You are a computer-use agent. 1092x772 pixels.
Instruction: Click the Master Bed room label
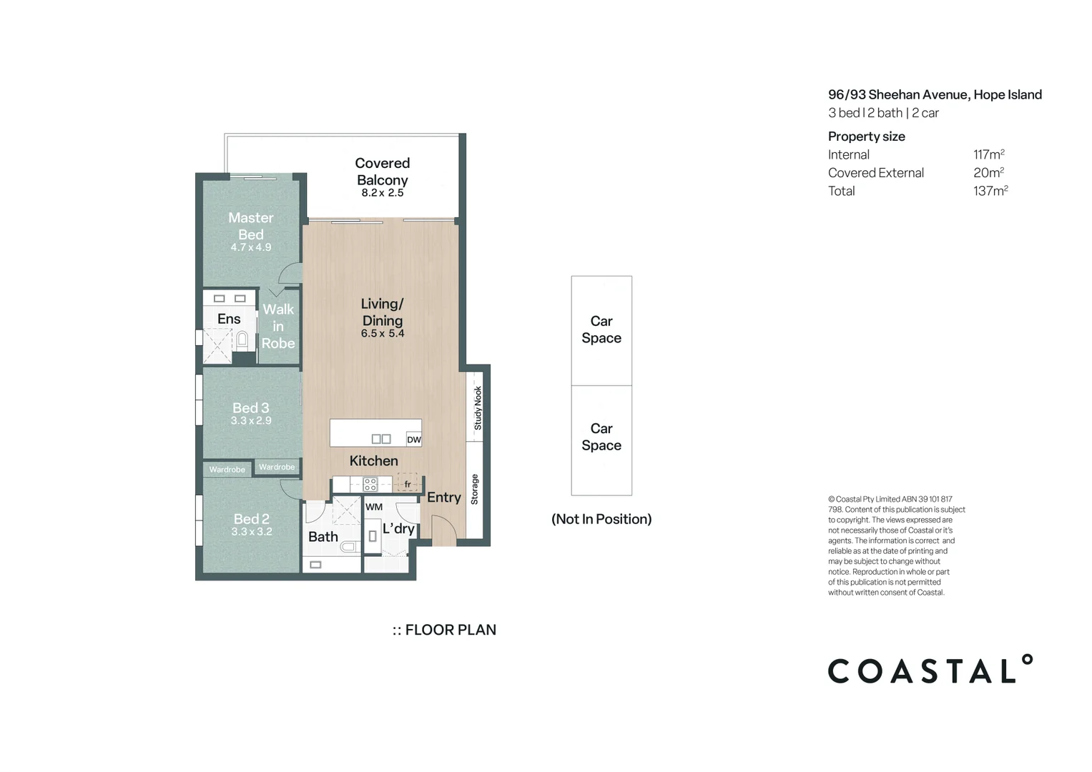tap(250, 226)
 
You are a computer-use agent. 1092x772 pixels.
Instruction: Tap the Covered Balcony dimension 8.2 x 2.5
tap(382, 193)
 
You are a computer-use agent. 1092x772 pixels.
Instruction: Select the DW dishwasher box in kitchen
tap(413, 440)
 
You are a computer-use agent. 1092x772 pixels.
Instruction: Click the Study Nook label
tap(478, 408)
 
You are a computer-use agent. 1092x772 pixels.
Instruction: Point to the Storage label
tap(474, 490)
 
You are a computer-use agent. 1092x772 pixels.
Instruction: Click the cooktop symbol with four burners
tap(370, 485)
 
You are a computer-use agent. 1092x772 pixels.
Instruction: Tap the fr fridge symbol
tap(408, 484)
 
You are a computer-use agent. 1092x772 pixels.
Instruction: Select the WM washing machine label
tap(374, 507)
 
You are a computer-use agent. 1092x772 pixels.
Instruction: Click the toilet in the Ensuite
tap(242, 339)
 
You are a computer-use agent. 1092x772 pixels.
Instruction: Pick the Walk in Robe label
tap(278, 326)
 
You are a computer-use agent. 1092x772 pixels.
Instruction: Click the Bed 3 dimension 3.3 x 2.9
tap(251, 421)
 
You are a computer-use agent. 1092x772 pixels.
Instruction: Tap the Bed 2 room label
tap(252, 519)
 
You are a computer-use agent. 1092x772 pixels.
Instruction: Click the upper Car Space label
tap(601, 330)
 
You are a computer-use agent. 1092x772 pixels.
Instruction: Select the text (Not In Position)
tap(601, 519)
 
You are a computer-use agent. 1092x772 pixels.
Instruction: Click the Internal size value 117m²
tap(988, 154)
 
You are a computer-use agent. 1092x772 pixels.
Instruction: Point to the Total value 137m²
tap(990, 191)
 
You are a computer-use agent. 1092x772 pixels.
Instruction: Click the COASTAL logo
tap(929, 670)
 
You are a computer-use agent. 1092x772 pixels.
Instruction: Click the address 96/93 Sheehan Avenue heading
tap(934, 94)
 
